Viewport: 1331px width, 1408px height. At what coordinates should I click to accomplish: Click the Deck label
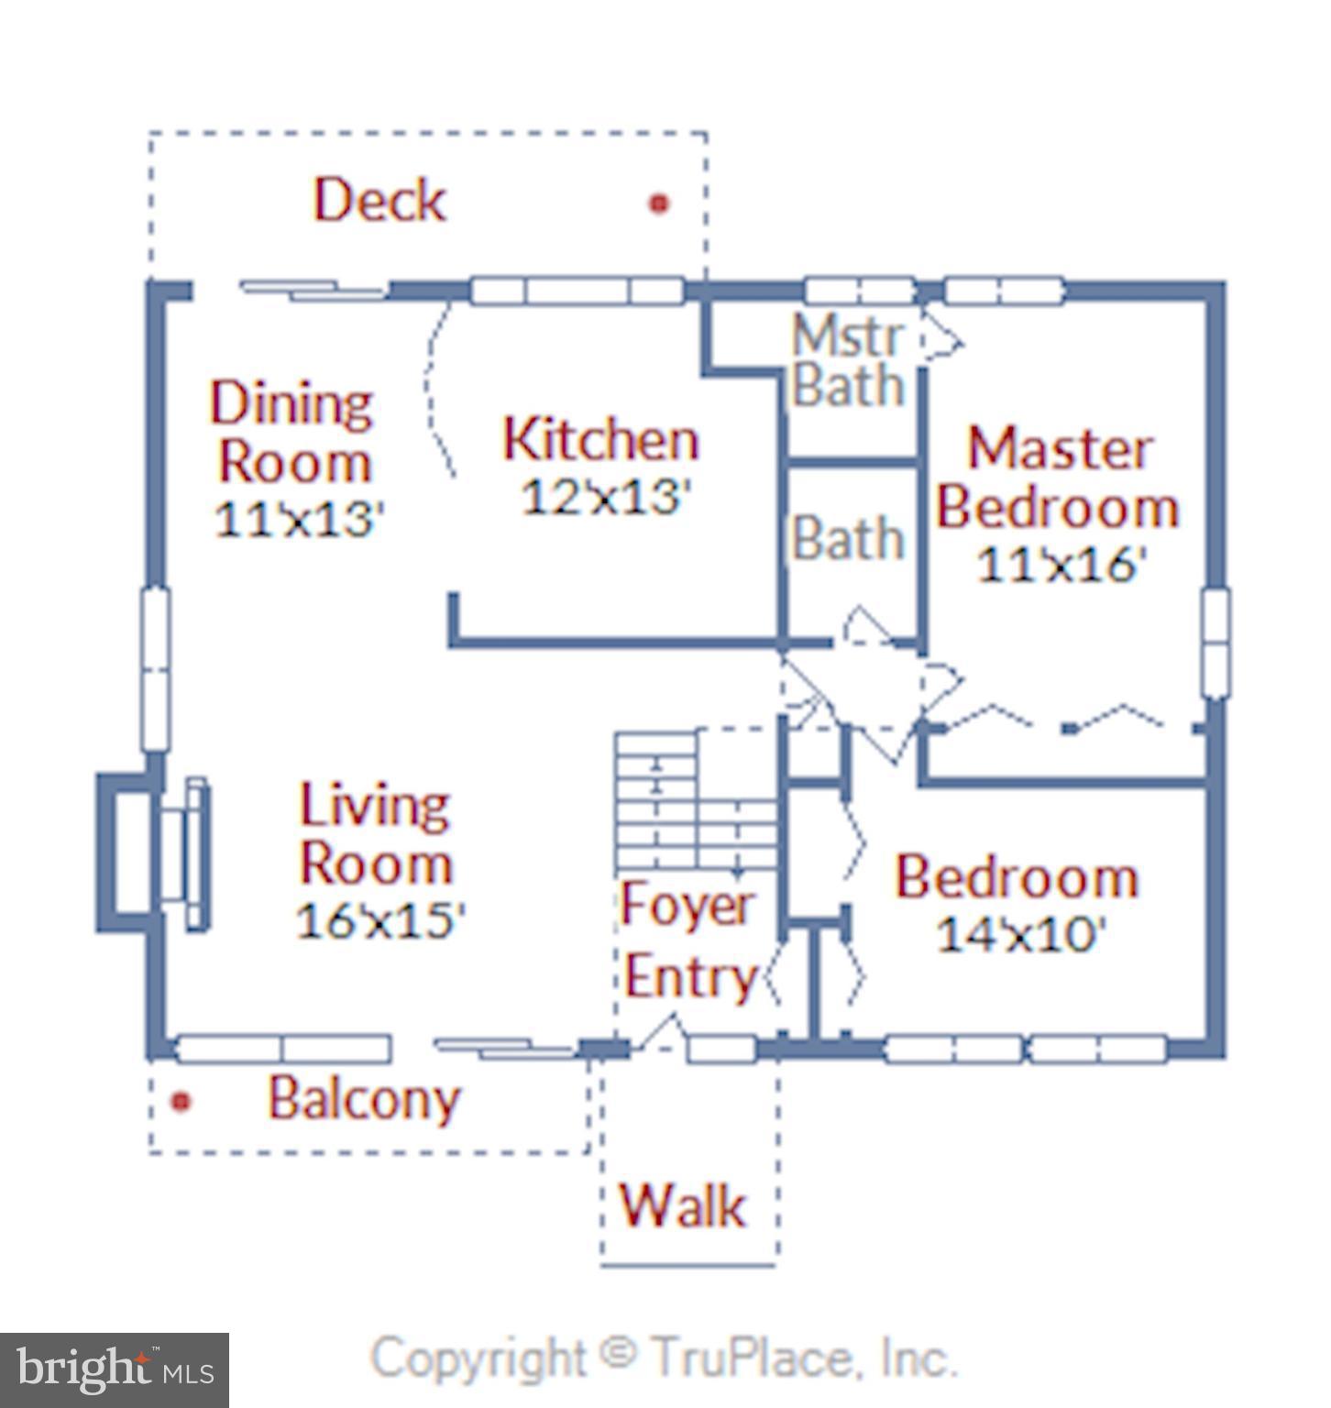pos(379,200)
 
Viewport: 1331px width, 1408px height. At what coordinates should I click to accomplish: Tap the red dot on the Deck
pos(658,203)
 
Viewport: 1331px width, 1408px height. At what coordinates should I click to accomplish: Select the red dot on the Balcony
pos(181,1101)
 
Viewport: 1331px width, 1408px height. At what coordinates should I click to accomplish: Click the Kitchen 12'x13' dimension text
pos(605,497)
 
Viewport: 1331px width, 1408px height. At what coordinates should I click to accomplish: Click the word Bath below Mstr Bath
pos(849,537)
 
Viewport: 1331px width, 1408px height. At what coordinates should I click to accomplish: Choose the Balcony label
pos(364,1099)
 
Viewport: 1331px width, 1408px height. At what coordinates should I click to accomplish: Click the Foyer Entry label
pos(689,941)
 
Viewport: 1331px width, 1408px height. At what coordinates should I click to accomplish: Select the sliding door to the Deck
pos(313,290)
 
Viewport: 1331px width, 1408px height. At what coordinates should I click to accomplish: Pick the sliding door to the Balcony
pos(505,1049)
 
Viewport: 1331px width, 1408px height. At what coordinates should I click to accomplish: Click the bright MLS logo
pos(115,1370)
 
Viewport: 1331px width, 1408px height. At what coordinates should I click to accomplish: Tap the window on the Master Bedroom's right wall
pos(1215,644)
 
